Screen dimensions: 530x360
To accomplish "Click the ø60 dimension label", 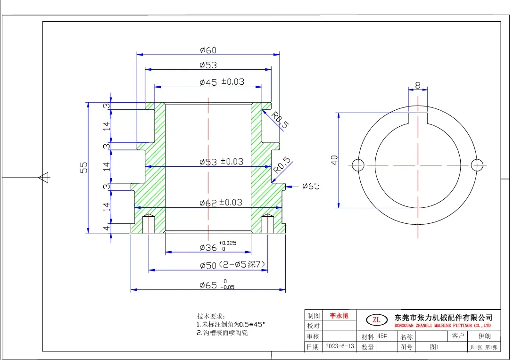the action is click(x=208, y=50).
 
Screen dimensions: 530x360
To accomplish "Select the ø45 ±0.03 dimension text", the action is click(x=222, y=82).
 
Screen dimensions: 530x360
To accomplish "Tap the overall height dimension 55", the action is click(x=83, y=167).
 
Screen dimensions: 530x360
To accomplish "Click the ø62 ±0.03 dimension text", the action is click(x=221, y=203).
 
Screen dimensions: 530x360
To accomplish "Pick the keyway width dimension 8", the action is click(x=418, y=85).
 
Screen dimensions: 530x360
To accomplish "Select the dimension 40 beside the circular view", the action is click(x=334, y=160).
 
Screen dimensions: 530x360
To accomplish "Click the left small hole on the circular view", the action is click(x=358, y=165).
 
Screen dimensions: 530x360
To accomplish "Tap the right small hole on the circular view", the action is click(x=477, y=165).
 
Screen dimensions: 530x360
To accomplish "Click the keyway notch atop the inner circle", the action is click(x=418, y=118).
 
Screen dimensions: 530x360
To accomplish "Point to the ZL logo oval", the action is click(x=377, y=319).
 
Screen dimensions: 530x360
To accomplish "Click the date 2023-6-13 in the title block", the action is click(x=340, y=346).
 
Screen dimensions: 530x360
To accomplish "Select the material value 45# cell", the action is click(x=382, y=336).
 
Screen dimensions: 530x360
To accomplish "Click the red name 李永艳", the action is click(x=339, y=315).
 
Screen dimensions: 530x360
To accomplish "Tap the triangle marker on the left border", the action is click(x=44, y=177).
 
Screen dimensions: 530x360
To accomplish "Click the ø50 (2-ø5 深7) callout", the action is click(x=232, y=265).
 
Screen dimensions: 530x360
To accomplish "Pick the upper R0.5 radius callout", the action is click(x=280, y=120).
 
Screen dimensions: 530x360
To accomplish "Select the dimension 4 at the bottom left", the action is click(x=107, y=228).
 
